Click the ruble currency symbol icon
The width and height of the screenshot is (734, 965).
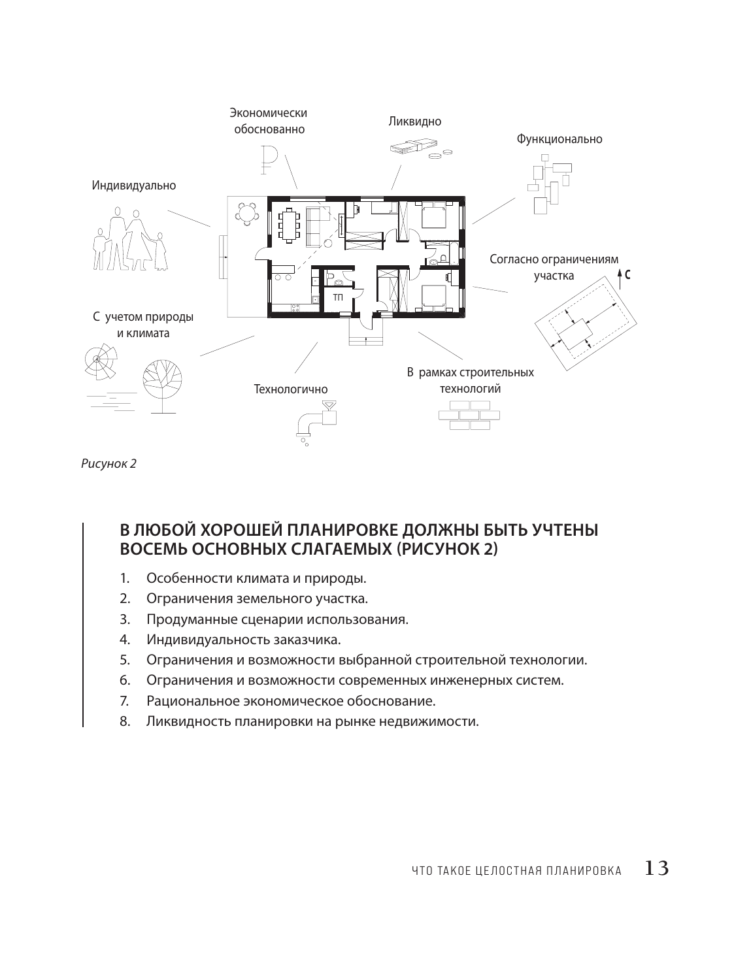(x=267, y=159)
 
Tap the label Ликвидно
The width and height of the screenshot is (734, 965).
(x=414, y=122)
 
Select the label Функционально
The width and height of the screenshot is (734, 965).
(x=559, y=139)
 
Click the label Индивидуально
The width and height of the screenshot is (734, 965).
(x=133, y=186)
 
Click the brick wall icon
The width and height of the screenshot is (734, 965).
(x=469, y=415)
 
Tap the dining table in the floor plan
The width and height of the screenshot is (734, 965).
(x=289, y=224)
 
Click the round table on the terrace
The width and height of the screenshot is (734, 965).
(x=247, y=212)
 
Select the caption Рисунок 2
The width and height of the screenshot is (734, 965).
(x=108, y=465)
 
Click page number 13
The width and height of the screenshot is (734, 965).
(x=656, y=869)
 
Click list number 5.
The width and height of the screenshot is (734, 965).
(x=124, y=660)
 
